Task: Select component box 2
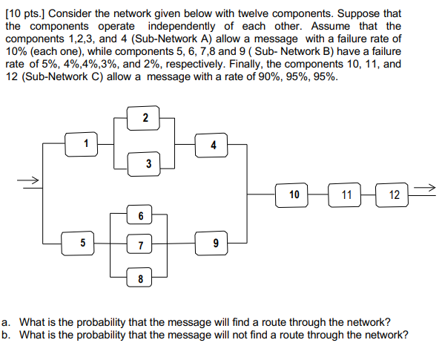click(145, 118)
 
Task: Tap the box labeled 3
click(148, 163)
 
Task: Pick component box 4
click(214, 145)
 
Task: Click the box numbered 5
click(82, 242)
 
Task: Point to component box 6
click(140, 215)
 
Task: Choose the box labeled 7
click(140, 245)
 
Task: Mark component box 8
click(139, 279)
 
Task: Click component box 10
click(294, 194)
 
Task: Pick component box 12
click(394, 194)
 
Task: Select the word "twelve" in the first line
click(286, 14)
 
